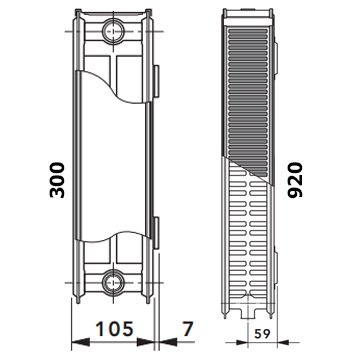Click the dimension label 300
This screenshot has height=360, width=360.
pyautogui.click(x=57, y=180)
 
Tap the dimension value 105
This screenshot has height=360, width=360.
pyautogui.click(x=115, y=329)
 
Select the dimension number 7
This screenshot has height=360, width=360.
pyautogui.click(x=188, y=329)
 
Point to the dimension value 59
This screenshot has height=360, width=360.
pyautogui.click(x=262, y=334)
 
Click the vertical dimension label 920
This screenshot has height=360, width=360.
pyautogui.click(x=296, y=180)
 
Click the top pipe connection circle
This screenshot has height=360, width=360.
pyautogui.click(x=113, y=32)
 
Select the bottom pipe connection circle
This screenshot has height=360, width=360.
pyautogui.click(x=113, y=283)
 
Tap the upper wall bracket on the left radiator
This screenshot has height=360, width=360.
pyautogui.click(x=156, y=81)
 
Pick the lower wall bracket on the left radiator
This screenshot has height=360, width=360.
pyautogui.click(x=156, y=233)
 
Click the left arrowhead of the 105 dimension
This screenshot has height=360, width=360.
pyautogui.click(x=80, y=342)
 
